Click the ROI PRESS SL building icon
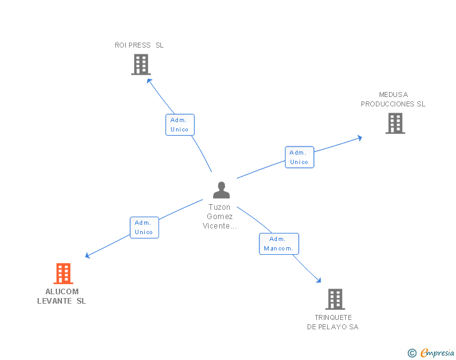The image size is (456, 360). click(141, 64)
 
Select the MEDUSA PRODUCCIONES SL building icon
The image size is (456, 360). click(395, 123)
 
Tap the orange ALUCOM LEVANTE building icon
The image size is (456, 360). click(63, 274)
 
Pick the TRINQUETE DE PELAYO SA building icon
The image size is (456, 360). click(335, 299)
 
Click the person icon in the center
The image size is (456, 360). click(221, 190)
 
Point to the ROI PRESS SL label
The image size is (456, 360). click(139, 45)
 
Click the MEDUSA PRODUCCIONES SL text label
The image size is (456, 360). click(393, 100)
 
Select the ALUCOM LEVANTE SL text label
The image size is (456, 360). click(62, 296)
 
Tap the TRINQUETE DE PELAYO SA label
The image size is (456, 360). click(333, 322)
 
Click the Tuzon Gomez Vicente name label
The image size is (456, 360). click(219, 217)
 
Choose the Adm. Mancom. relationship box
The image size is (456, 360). click(279, 244)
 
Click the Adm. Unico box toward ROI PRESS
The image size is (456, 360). click(180, 125)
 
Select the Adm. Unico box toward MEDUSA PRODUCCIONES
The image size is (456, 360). click(299, 157)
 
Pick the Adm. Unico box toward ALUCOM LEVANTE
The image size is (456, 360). click(144, 227)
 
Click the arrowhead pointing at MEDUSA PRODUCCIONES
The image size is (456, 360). click(359, 138)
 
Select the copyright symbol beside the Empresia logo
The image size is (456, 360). click(412, 353)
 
